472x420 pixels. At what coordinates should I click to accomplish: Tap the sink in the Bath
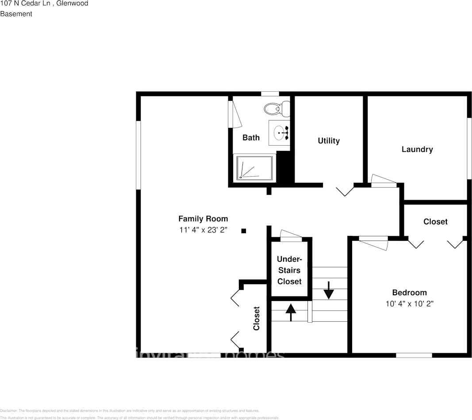(280, 131)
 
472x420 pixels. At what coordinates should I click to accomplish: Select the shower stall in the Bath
(254, 167)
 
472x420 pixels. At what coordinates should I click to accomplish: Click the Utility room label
(329, 141)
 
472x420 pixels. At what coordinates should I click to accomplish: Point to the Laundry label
(417, 149)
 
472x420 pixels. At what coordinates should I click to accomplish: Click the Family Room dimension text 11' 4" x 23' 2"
(203, 230)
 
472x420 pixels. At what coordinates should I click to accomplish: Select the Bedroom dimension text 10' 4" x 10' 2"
(409, 304)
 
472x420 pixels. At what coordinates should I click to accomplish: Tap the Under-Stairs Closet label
(289, 270)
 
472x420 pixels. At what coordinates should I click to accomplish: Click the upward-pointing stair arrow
(290, 312)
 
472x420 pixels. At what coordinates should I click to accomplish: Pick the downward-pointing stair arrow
(329, 290)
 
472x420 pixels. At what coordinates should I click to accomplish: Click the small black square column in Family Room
(243, 231)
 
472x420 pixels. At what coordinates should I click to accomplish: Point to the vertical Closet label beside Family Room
(256, 319)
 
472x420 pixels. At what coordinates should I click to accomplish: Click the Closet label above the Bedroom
(435, 221)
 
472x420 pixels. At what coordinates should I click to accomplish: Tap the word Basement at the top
(16, 14)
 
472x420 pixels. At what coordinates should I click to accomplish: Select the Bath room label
(251, 138)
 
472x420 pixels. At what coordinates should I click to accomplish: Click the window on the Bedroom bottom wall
(414, 355)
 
